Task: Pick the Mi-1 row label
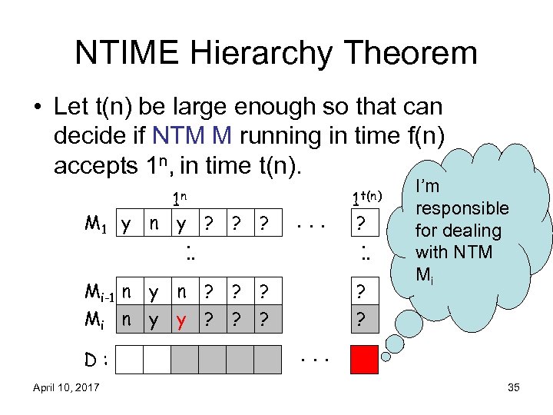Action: (x=101, y=293)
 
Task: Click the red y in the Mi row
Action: (x=181, y=319)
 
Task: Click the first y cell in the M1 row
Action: (x=126, y=225)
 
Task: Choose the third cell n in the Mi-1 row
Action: (x=181, y=293)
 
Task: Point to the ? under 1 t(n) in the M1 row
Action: (x=365, y=225)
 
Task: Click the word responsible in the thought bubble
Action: (x=462, y=208)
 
